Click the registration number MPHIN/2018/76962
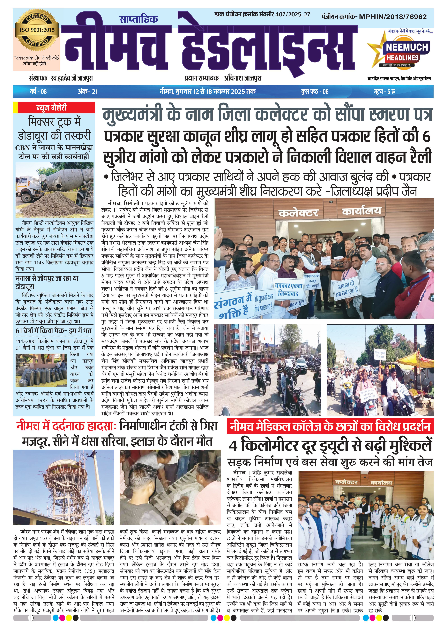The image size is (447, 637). click(393, 17)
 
